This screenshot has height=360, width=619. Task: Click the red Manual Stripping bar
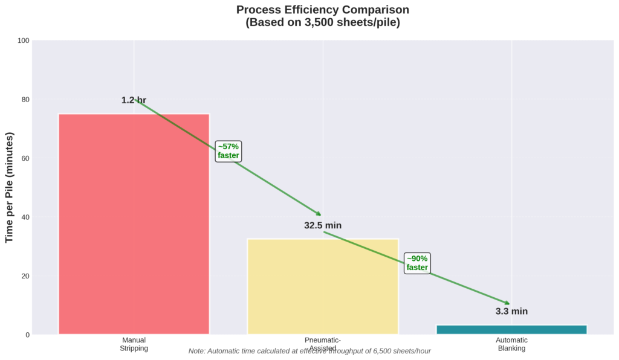coord(134,223)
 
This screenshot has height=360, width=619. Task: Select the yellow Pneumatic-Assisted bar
coord(323,286)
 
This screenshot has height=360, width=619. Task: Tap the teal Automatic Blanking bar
coord(511,329)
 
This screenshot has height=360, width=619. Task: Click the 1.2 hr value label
coord(134,100)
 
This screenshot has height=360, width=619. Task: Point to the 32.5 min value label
coord(323,225)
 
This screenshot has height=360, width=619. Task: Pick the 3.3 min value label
coord(511,312)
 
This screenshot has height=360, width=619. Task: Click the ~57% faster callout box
coord(228,151)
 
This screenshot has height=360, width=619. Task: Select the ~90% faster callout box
coord(417,263)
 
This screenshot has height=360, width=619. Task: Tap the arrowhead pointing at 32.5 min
coord(319,214)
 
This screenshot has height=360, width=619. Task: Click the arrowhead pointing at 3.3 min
coord(507,303)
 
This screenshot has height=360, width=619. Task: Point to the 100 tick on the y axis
coord(24,41)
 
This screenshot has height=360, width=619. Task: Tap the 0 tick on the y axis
coord(27,335)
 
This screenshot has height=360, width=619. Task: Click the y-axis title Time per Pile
coord(10,187)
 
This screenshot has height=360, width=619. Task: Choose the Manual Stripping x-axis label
coord(134,344)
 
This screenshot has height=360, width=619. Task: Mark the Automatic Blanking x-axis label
coord(511,344)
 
